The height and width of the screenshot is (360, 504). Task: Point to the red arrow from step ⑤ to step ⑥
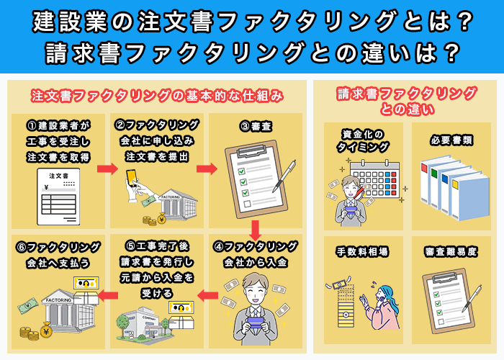pos(107,294)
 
